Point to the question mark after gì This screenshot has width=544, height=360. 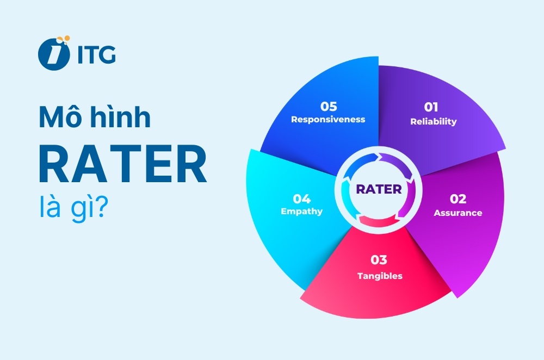click(x=101, y=209)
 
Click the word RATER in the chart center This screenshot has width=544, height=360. click(x=379, y=189)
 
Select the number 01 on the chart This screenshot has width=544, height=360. click(x=431, y=107)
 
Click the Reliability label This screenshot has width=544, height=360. click(x=434, y=121)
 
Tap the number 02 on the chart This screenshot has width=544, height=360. click(x=458, y=199)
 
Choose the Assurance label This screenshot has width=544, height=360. click(x=458, y=213)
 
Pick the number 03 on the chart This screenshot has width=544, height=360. click(x=379, y=260)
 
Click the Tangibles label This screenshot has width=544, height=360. click(x=380, y=276)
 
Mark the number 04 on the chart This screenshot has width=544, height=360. click(x=301, y=197)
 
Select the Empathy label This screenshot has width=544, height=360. click(x=302, y=211)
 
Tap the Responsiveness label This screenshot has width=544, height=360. click(x=328, y=119)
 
